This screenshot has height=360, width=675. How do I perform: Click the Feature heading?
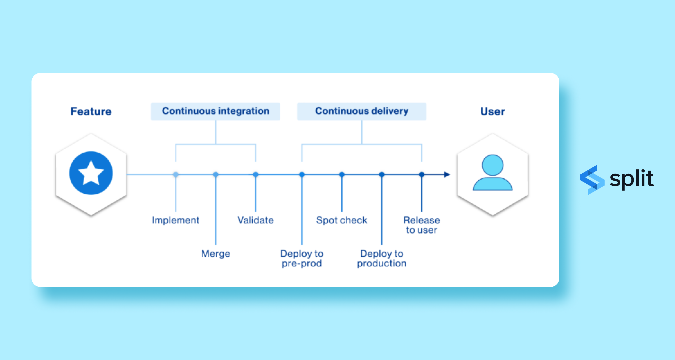pos(91,111)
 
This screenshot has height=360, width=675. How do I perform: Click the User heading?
pos(492,111)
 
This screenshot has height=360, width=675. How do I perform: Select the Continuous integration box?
pos(215,111)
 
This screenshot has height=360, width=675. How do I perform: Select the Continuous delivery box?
pos(362,111)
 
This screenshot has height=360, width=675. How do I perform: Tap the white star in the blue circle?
pos(91,173)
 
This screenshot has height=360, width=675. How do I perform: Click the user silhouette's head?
pos(492,165)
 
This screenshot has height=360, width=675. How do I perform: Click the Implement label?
pos(175,220)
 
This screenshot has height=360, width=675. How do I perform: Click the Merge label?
pos(216,253)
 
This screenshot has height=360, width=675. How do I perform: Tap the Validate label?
pos(255,220)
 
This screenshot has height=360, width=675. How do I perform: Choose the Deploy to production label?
pos(382,258)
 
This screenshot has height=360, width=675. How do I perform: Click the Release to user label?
pos(421,225)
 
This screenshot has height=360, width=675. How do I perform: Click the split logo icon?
pos(592,180)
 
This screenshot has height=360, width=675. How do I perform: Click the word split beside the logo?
pos(632,179)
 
